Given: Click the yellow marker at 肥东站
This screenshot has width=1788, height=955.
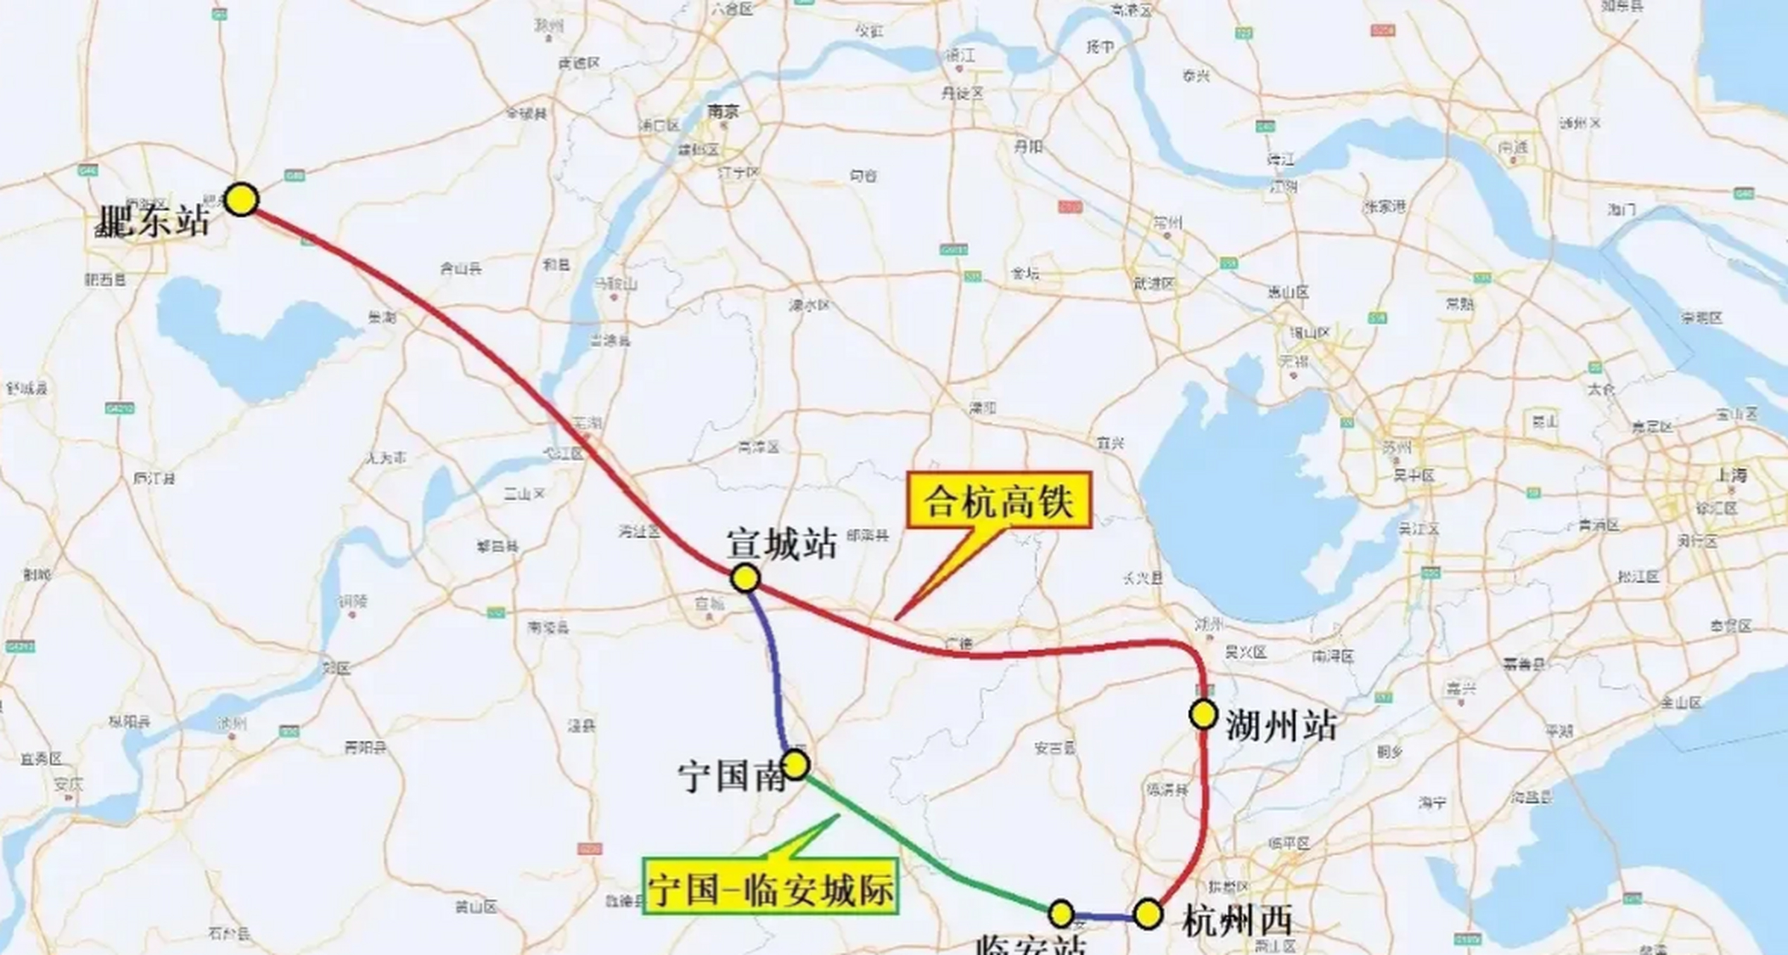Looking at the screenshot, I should [x=241, y=200].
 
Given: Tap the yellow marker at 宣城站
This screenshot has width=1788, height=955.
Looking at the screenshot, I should [x=744, y=577].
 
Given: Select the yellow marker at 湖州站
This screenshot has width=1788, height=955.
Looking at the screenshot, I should [x=1203, y=714].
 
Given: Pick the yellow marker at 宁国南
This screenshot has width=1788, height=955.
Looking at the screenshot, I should [x=796, y=764].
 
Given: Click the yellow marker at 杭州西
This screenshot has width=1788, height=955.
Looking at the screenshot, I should [x=1148, y=913].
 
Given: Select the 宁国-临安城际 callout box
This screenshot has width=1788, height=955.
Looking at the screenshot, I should [x=770, y=886].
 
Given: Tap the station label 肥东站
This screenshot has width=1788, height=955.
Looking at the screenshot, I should [x=153, y=222].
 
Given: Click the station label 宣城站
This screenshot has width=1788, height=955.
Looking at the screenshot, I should [x=781, y=544].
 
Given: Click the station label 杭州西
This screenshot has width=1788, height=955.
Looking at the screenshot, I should [x=1237, y=921].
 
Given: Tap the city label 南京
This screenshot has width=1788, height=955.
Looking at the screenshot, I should [x=723, y=111].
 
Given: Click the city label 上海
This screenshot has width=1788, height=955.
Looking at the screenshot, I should [x=1731, y=475].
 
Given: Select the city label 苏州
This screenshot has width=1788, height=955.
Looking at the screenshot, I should [x=1396, y=448].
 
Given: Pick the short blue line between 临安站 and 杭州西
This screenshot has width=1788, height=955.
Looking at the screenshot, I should [x=1104, y=917].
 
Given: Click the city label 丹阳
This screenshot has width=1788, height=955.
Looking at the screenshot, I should [x=1027, y=147].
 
